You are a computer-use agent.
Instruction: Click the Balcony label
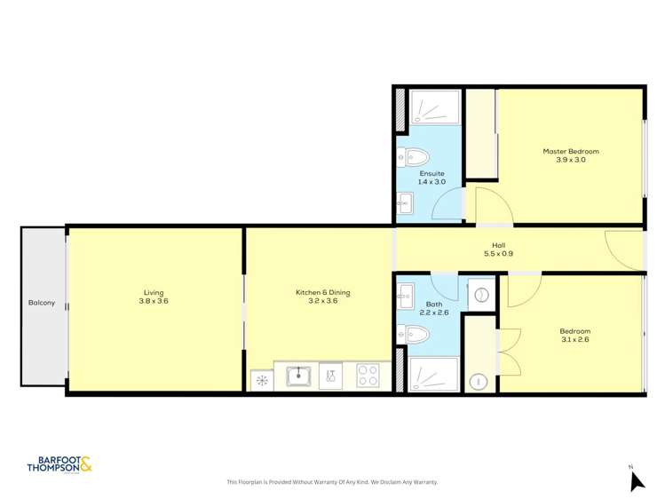(41, 303)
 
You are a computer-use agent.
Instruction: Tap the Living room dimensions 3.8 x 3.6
(154, 301)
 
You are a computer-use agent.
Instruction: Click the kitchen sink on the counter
(298, 376)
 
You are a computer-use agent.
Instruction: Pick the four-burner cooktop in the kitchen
(368, 376)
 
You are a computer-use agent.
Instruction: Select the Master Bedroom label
(571, 151)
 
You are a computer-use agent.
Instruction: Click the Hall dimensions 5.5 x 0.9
(499, 254)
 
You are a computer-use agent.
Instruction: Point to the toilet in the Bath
(416, 335)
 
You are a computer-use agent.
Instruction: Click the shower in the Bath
(433, 374)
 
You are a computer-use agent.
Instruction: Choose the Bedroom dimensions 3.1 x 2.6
(574, 339)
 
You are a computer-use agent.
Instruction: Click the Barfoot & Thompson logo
(59, 464)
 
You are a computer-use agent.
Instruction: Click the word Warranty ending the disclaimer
(425, 482)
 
